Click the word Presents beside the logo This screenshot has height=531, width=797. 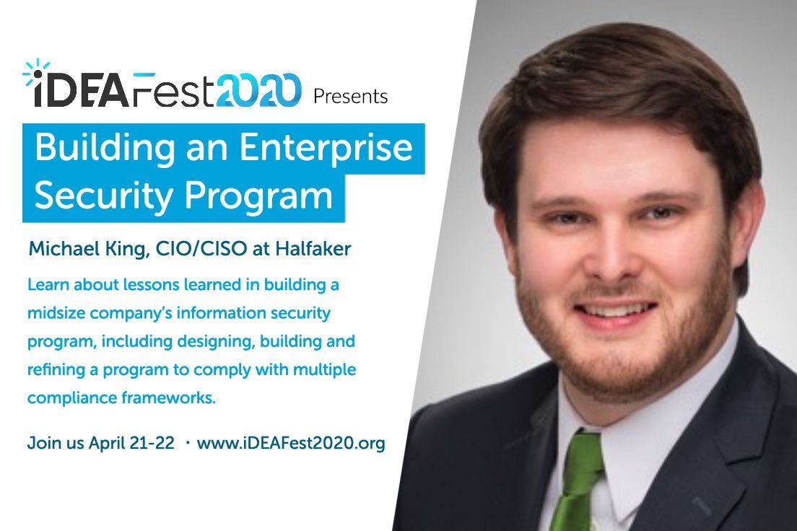click(351, 96)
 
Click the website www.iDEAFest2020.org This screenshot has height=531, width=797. click(291, 442)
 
